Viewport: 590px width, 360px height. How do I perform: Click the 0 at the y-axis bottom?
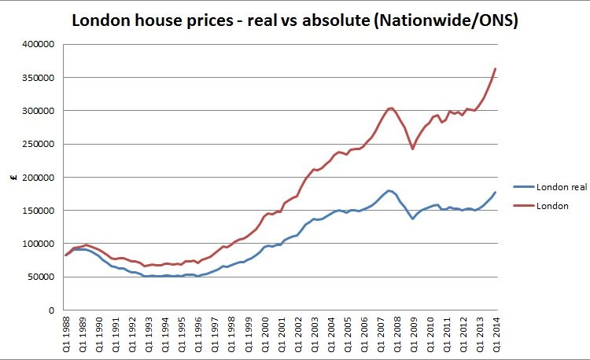(x=50, y=310)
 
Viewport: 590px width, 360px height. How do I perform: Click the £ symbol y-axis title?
(x=14, y=178)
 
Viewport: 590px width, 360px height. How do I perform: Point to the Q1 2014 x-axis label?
(x=495, y=335)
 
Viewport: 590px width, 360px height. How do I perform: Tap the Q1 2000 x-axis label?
(x=264, y=335)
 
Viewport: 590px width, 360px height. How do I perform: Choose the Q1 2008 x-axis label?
(x=396, y=335)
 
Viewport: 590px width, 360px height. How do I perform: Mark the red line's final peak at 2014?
(x=495, y=69)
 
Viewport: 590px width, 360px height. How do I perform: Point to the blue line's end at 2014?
(x=495, y=193)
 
